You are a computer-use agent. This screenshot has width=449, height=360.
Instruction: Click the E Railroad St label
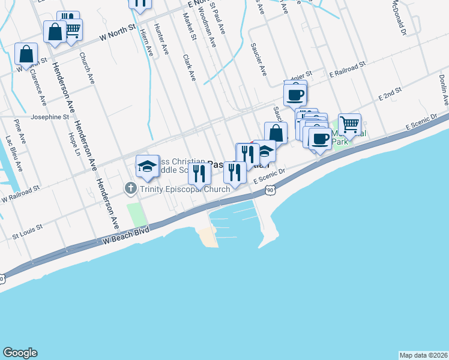coord(348,69)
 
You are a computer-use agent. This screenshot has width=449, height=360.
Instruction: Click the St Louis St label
coord(28,229)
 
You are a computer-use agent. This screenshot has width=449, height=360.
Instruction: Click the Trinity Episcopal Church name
coord(185,190)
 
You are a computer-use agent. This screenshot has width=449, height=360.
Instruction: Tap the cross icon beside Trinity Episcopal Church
coord(130,189)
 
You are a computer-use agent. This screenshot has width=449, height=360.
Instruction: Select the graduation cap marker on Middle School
coord(147,166)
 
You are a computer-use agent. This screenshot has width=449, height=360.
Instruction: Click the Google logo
coord(20,353)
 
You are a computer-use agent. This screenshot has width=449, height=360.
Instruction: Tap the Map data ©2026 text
coord(424,355)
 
